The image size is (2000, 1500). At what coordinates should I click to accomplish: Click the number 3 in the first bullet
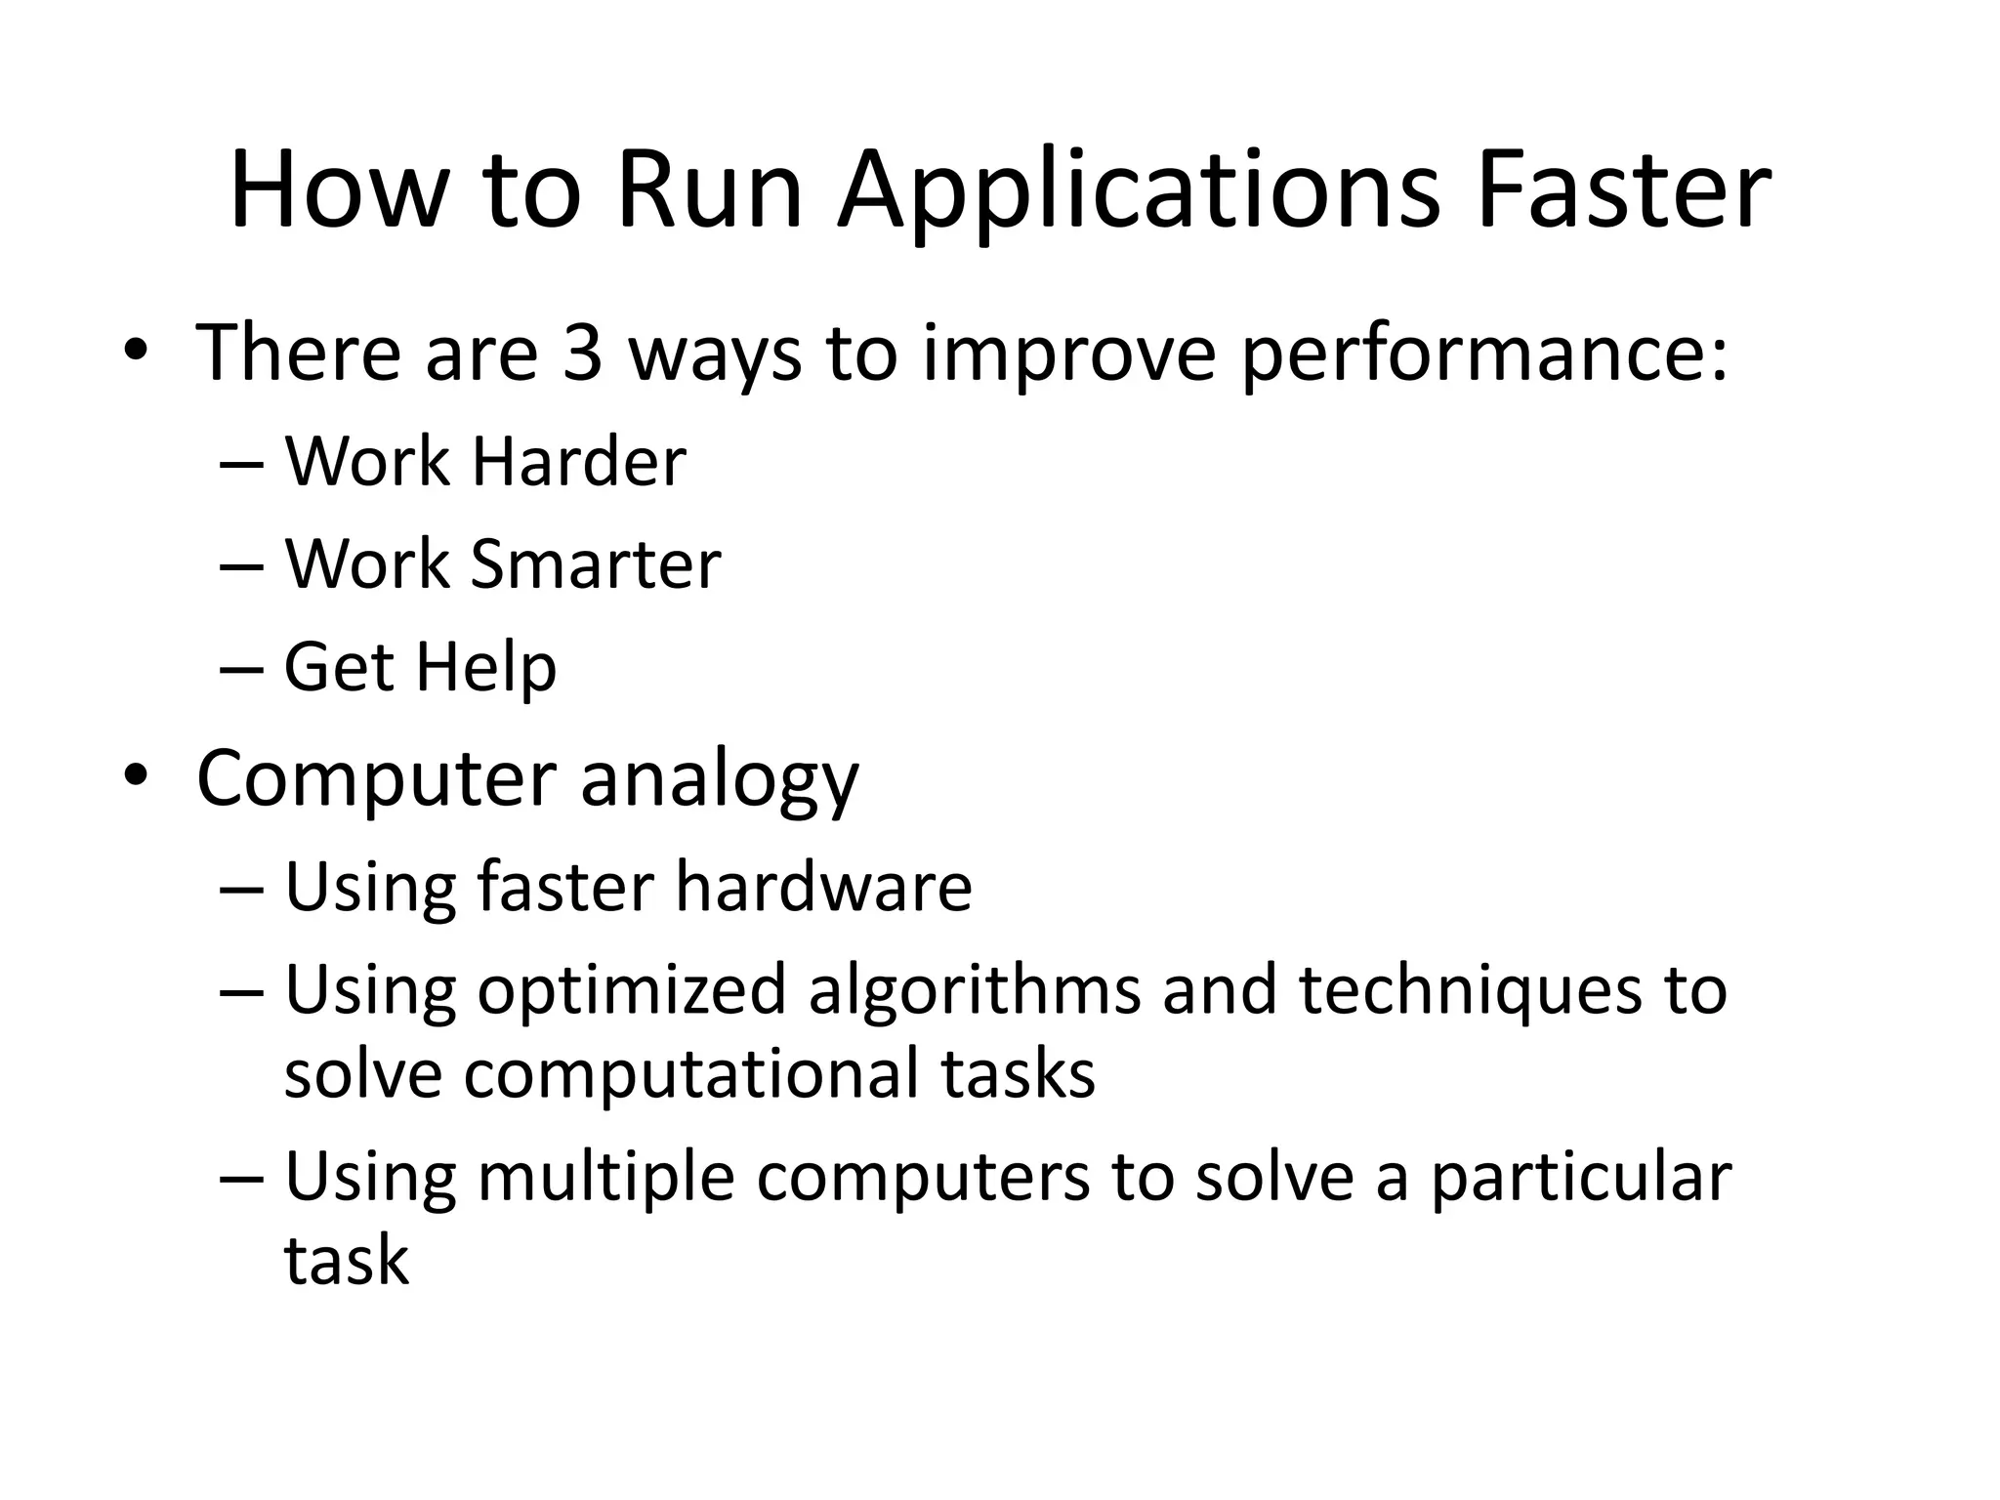tap(583, 353)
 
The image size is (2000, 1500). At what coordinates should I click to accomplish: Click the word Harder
tap(579, 461)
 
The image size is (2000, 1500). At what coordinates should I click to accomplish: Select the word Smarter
tap(596, 564)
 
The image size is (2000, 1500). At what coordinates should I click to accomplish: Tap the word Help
tap(485, 669)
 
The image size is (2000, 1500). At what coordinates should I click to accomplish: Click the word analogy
tap(720, 781)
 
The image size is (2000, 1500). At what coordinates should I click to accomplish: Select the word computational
tap(691, 1074)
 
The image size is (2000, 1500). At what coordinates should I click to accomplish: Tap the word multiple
tap(605, 1177)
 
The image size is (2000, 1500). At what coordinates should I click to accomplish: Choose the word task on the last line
tap(347, 1260)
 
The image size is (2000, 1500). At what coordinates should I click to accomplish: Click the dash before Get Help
tap(242, 670)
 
